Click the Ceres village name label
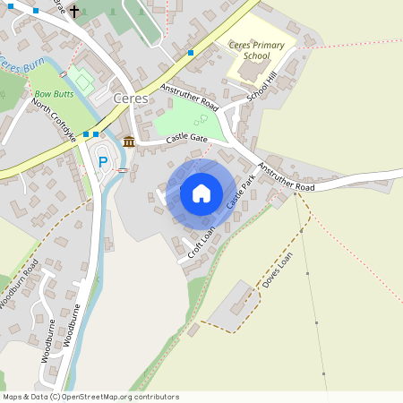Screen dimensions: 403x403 (130, 98)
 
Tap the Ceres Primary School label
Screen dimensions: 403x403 (256, 50)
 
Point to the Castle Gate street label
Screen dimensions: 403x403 (185, 139)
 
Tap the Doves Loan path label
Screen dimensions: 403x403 (278, 268)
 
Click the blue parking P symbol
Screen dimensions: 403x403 (103, 162)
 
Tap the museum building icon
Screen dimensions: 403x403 (129, 141)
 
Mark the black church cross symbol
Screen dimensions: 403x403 (73, 13)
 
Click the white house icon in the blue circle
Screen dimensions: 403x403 (201, 193)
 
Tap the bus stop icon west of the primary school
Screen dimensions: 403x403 (191, 53)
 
